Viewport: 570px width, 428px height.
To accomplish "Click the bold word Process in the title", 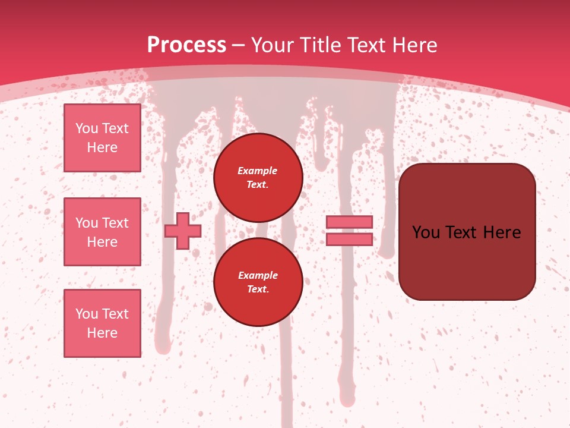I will (186, 45).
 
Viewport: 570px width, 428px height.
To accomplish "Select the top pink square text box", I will (102, 138).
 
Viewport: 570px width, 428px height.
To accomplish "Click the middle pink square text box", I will (102, 232).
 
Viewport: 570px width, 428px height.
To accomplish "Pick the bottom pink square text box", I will (102, 323).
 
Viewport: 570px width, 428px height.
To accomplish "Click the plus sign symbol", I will (183, 231).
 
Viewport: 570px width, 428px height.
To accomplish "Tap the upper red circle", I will (258, 178).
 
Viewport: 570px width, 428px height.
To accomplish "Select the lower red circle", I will (258, 282).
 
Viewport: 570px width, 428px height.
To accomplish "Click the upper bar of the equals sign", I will (349, 222).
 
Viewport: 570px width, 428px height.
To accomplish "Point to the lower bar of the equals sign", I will (349, 239).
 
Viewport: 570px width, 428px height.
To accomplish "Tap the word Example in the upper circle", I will (257, 171).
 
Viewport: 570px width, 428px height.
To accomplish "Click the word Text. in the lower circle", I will (258, 289).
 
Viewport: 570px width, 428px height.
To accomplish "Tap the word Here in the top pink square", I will (102, 147).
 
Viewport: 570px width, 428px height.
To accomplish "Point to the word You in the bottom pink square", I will (87, 314).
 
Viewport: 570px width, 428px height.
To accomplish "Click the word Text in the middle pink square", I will (115, 223).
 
